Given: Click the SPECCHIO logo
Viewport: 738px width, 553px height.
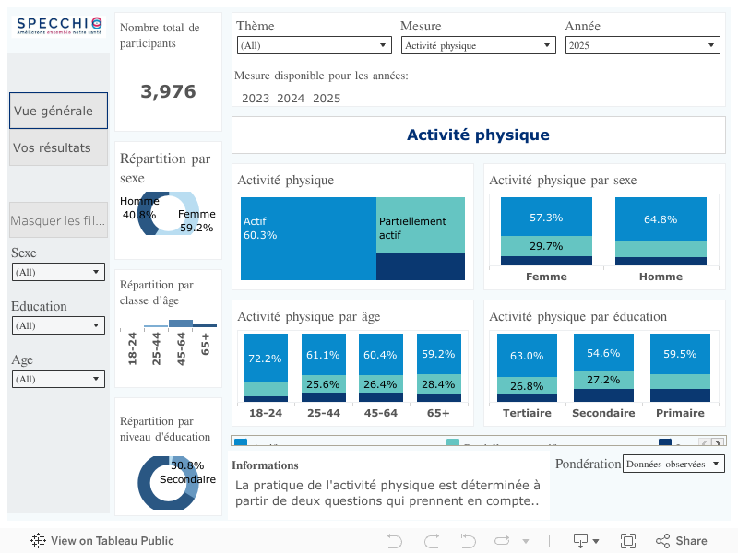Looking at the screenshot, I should tap(58, 26).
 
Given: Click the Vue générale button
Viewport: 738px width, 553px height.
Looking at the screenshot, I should tap(58, 111).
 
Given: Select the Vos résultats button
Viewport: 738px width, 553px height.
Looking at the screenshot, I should tap(58, 147).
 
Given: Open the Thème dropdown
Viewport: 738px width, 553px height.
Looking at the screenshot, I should tap(314, 45).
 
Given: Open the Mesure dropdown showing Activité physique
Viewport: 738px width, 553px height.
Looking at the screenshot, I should tap(478, 45).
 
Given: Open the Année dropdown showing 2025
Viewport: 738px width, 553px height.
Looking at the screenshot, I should tap(642, 45).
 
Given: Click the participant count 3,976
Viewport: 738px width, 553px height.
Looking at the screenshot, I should tap(168, 91).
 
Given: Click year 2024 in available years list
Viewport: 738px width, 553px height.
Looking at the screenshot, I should tap(291, 99).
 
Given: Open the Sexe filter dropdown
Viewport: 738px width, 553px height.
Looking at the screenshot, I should tap(58, 272).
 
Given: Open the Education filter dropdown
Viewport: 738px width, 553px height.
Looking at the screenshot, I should tap(58, 325).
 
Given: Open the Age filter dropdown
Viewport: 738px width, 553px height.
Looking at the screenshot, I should tap(58, 379).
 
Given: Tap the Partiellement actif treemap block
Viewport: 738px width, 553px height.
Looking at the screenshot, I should tap(421, 225).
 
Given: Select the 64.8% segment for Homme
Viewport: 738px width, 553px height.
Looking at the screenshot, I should tap(661, 219).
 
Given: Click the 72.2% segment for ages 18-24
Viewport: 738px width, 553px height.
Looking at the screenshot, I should tap(266, 358).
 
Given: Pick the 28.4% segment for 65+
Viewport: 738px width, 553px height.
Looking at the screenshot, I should tap(438, 384).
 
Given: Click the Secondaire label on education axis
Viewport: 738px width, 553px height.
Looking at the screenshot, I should tap(603, 413).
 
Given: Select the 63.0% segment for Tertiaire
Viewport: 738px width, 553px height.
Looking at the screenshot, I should tap(527, 355).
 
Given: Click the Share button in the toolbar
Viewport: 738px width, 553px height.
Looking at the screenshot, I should tap(681, 541).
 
